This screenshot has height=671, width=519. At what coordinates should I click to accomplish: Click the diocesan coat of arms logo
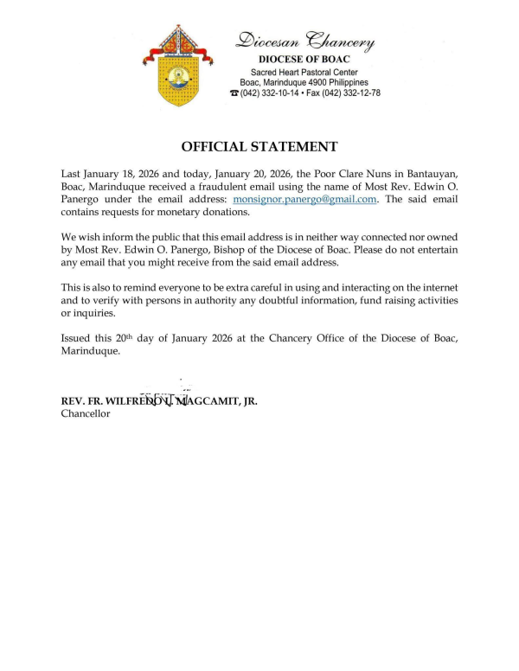(181, 65)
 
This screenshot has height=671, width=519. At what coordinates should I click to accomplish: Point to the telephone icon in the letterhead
(234, 93)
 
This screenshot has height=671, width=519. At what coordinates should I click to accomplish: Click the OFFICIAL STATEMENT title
(259, 147)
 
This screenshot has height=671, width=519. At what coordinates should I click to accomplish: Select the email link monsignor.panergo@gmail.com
(305, 199)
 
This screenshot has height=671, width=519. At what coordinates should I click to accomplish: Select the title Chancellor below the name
(86, 414)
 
